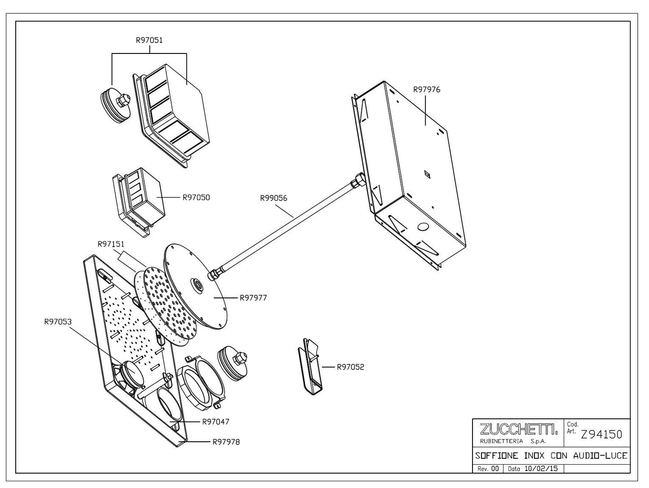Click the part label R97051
tap(149, 40)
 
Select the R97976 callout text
tap(427, 89)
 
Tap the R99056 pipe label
tap(274, 198)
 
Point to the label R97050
tap(196, 197)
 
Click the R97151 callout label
tap(111, 244)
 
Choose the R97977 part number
tap(253, 298)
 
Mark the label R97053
tap(58, 321)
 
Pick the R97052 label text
tap(351, 367)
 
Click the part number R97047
tap(216, 422)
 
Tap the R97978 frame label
tap(226, 442)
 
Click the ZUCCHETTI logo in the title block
tap(519, 429)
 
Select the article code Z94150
tap(601, 435)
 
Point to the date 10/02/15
tap(541, 469)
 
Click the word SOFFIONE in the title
tap(497, 456)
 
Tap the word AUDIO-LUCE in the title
tap(600, 456)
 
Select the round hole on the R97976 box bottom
tap(423, 227)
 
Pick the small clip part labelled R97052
tap(310, 367)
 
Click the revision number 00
tap(495, 469)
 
